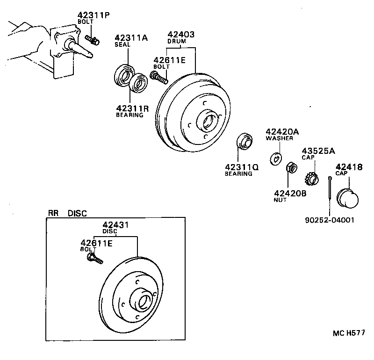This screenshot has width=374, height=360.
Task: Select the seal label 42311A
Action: click(131, 37)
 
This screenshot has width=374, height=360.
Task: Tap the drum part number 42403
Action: click(181, 34)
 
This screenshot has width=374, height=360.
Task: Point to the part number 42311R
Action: click(132, 108)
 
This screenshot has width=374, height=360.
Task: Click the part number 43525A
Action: click(318, 151)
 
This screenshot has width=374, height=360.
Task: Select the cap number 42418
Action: click(347, 167)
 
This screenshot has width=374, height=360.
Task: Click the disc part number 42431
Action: click(115, 225)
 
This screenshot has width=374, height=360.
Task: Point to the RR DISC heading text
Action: click(67, 213)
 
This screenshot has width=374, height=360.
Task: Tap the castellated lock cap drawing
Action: click(311, 179)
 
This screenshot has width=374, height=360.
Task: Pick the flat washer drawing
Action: click(275, 158)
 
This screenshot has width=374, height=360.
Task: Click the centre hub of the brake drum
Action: click(206, 121)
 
